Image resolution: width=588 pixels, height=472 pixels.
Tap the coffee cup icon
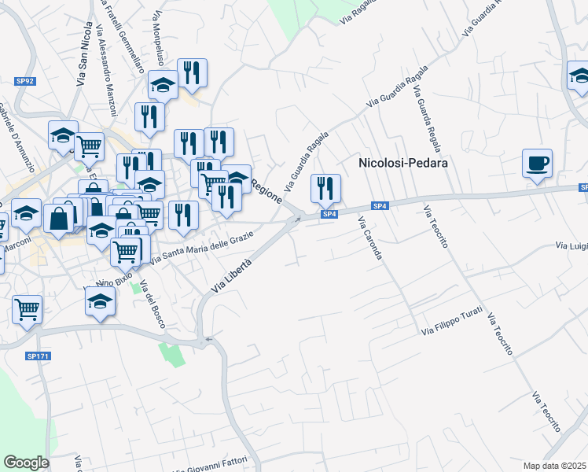[x=537, y=164]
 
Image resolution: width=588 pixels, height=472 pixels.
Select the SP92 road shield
[x=24, y=79]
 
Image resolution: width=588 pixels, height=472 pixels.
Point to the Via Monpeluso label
[x=160, y=37]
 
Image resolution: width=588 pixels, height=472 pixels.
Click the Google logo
[x=26, y=463]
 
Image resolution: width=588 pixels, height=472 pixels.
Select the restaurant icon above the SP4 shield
[x=325, y=188]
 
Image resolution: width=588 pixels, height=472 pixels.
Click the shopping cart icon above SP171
[x=28, y=309]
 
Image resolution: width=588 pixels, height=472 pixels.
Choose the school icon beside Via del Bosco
[x=100, y=301]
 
